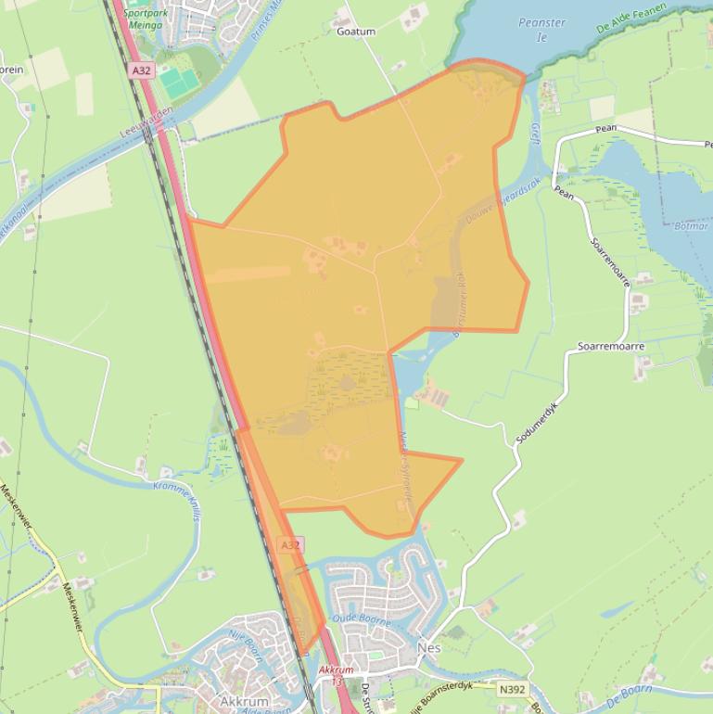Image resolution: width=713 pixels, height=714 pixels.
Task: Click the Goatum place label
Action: pyautogui.click(x=356, y=31)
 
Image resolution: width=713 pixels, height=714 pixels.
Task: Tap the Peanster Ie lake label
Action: pyautogui.click(x=543, y=30)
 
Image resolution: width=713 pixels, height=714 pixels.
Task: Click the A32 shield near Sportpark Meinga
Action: pyautogui.click(x=142, y=70)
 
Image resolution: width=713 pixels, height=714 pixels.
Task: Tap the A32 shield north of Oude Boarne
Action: pyautogui.click(x=290, y=545)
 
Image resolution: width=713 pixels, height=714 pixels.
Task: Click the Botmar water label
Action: pyautogui.click(x=691, y=225)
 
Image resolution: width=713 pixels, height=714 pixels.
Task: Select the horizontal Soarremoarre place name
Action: pyautogui.click(x=610, y=346)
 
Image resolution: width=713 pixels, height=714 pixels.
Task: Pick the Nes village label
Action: pyautogui.click(x=429, y=648)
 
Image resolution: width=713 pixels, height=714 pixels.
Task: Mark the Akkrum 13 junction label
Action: pyautogui.click(x=336, y=675)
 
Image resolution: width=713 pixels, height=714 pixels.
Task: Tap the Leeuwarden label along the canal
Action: pyautogui.click(x=146, y=121)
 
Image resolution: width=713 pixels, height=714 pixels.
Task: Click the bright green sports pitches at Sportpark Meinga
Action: pyautogui.click(x=179, y=83)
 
